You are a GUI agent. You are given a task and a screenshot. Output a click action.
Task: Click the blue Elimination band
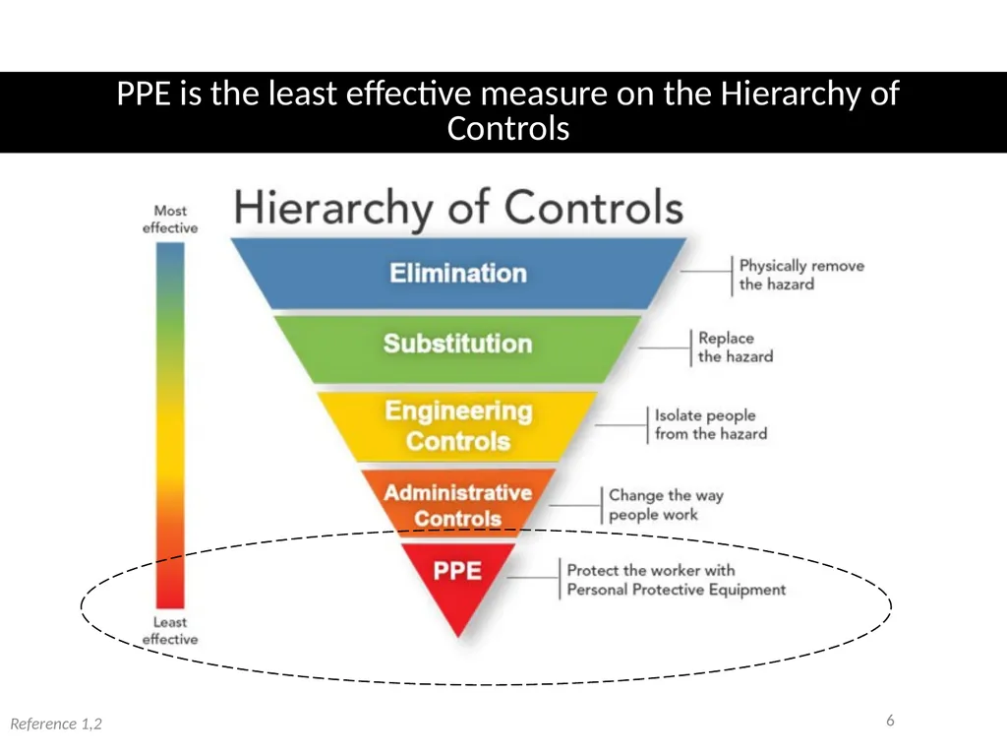pos(458,274)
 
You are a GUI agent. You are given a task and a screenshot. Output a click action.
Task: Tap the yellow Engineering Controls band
pos(458,426)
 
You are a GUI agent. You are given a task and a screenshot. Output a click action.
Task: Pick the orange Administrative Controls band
pos(458,502)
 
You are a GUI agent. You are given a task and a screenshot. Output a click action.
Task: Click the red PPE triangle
pos(458,582)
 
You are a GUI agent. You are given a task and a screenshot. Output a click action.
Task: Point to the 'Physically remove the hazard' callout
pos(801,276)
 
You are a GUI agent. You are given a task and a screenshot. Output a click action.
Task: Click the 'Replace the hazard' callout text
pos(736,347)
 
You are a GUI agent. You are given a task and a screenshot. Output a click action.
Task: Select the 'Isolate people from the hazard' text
pos(711,424)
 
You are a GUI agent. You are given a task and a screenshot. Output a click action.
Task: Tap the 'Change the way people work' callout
pos(666,505)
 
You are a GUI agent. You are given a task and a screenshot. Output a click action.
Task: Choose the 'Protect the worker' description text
pos(677,580)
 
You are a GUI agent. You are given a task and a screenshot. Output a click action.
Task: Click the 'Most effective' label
pos(170,220)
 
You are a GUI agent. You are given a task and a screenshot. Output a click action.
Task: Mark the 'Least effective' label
pos(170,631)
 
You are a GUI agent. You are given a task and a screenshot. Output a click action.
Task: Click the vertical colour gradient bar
pos(170,425)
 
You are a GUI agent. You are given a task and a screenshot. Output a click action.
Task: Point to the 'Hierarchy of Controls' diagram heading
pos(458,208)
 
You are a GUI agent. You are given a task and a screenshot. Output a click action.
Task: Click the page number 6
pos(890,720)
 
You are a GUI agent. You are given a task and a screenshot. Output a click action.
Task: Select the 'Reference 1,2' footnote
pos(56,724)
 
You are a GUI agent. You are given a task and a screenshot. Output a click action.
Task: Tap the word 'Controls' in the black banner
pos(508,128)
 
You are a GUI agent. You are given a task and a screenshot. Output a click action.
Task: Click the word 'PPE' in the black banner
pos(144,94)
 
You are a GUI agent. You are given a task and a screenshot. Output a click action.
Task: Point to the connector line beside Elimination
pos(706,272)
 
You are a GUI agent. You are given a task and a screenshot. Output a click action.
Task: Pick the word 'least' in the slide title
pos(303,94)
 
